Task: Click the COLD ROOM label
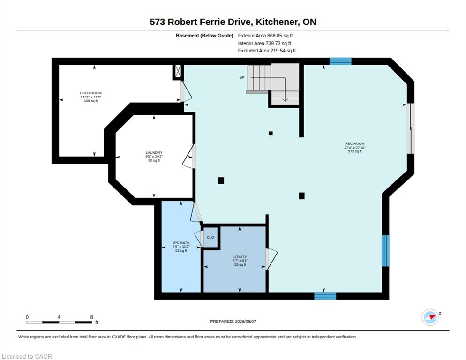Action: click(x=90, y=93)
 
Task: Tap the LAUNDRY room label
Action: click(x=154, y=152)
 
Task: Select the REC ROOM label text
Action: click(x=354, y=143)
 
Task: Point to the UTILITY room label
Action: click(x=240, y=257)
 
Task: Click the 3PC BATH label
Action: click(x=181, y=243)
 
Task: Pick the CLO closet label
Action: click(x=210, y=237)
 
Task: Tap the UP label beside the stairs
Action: click(x=242, y=78)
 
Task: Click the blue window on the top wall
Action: click(x=340, y=61)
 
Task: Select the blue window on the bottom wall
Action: click(x=325, y=296)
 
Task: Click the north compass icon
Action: click(x=431, y=317)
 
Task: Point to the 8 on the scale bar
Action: click(x=91, y=317)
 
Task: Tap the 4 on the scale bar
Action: click(x=59, y=317)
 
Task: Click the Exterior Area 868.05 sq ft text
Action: click(x=265, y=36)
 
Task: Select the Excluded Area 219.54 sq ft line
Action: click(x=267, y=51)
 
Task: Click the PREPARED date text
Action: click(x=233, y=322)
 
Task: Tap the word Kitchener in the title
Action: click(x=277, y=22)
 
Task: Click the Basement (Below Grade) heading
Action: click(x=204, y=36)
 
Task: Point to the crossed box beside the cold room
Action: click(x=178, y=71)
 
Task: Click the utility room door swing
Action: click(x=271, y=259)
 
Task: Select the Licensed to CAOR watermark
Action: click(x=27, y=356)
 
